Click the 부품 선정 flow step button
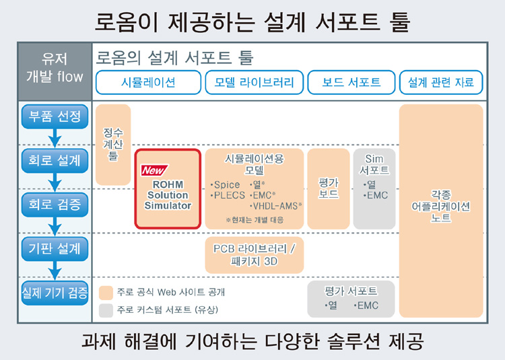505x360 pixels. point(55,116)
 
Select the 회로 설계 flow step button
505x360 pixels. point(55,161)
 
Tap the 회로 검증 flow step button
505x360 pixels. point(55,205)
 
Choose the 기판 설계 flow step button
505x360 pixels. point(55,249)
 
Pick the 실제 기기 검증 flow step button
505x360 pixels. point(55,293)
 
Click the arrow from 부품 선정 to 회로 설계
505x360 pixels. point(55,139)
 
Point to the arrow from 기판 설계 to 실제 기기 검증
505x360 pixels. point(55,271)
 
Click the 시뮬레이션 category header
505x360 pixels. point(149,82)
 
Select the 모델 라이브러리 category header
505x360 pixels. point(255,82)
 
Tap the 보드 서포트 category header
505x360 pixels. point(351,82)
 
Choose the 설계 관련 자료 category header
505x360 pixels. point(441,82)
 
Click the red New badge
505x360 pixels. point(154,170)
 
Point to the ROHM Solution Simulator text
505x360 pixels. point(168,195)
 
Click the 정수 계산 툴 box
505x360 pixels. point(113,145)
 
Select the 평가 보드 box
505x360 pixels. point(329,189)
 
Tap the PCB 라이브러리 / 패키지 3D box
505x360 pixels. point(255,255)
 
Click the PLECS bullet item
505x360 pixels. point(228,195)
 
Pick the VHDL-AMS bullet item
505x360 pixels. point(275,206)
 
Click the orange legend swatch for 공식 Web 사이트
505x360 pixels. point(106,293)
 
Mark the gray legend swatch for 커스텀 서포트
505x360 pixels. point(106,310)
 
